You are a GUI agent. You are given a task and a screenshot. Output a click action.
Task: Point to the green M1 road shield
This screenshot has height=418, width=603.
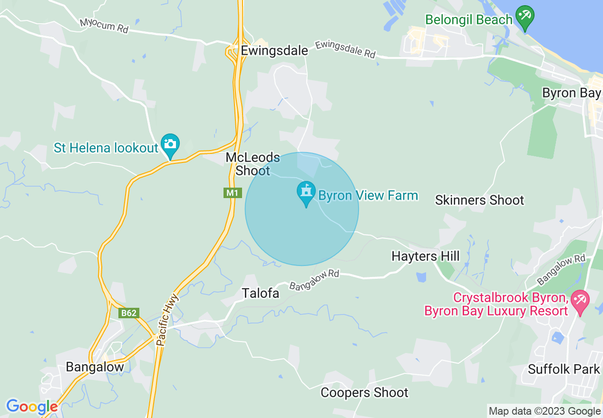click(x=232, y=193)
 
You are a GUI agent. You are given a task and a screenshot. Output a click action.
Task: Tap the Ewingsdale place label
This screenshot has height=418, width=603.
click(x=274, y=51)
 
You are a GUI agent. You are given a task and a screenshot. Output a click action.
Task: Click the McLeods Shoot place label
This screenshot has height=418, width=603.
click(x=253, y=164)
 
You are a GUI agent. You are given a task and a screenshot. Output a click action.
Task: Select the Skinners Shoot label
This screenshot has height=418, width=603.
click(x=479, y=200)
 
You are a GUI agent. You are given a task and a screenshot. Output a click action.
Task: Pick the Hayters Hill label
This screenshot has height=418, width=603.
click(x=425, y=256)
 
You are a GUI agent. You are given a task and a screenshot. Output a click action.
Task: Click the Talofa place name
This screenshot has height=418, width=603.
click(x=261, y=293)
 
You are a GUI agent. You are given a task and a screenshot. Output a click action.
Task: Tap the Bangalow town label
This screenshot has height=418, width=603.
click(x=95, y=367)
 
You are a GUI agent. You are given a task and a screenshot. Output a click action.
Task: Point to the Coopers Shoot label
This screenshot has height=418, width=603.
click(x=364, y=392)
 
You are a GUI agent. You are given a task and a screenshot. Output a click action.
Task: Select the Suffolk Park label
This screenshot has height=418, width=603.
click(x=564, y=369)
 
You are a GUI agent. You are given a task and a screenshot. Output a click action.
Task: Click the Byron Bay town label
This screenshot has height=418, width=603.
click(x=572, y=93)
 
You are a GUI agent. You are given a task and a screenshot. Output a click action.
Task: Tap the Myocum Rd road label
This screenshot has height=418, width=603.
click(x=104, y=25)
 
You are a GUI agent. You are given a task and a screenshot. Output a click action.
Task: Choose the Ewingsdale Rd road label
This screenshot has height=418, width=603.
click(x=345, y=49)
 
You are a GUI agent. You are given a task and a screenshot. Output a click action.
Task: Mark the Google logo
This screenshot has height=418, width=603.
click(x=32, y=407)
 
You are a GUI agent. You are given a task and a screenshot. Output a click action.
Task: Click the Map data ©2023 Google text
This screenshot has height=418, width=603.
click(x=545, y=411)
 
